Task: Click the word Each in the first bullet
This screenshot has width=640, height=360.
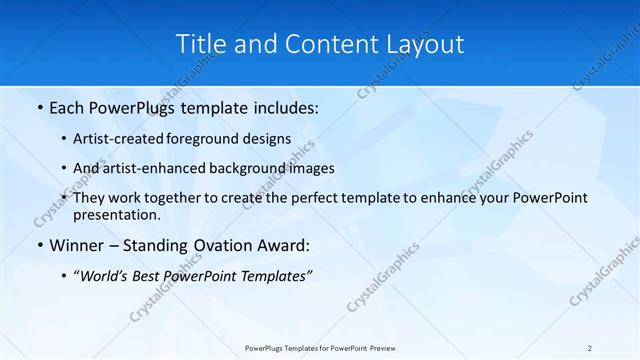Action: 69,108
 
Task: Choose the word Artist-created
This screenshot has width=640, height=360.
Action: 126,140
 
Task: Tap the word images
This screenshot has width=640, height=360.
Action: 310,169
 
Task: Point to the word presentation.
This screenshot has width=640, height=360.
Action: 117,214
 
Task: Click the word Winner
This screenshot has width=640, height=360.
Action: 78,246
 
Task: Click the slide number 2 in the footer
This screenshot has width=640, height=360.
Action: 589,347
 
